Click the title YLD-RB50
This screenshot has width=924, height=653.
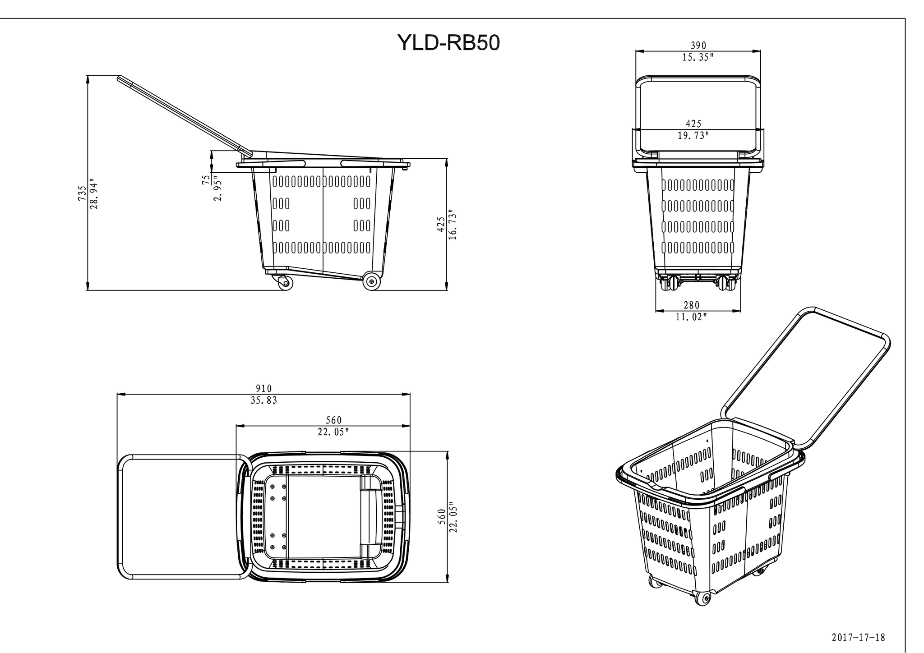(x=448, y=43)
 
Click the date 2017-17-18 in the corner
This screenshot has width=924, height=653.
(x=858, y=637)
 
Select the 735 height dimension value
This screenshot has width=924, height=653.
(x=82, y=193)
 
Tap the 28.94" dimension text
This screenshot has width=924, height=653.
(x=93, y=193)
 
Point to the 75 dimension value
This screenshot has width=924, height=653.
(x=206, y=180)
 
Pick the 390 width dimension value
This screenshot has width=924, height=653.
(x=698, y=46)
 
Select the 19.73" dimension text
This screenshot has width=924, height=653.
(x=693, y=135)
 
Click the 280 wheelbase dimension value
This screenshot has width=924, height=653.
(x=691, y=305)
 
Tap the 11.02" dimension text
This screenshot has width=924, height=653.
(x=691, y=317)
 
